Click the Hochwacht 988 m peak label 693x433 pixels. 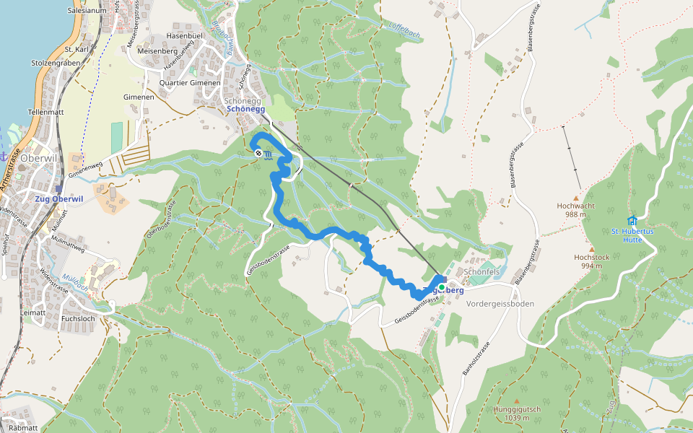tap(575, 209)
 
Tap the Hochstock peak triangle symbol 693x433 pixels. tap(591, 249)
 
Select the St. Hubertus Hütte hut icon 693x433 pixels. tap(632, 220)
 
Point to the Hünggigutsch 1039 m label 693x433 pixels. tap(517, 413)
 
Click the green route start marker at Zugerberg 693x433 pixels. tap(442, 287)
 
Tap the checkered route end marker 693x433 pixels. tap(258, 153)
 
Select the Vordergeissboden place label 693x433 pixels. tap(501, 304)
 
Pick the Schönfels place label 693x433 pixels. tap(483, 271)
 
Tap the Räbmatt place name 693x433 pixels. tap(24, 428)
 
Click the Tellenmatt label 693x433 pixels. tap(47, 113)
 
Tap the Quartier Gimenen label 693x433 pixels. tap(190, 83)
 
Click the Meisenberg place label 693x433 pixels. tap(157, 51)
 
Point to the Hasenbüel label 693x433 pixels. tap(185, 35)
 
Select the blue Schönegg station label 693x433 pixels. tap(246, 110)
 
